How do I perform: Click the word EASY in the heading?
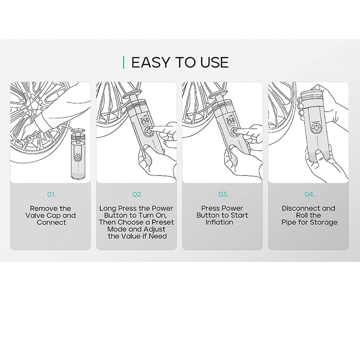(x=150, y=62)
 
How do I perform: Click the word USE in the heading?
(x=215, y=62)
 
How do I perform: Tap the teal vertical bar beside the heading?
(x=124, y=62)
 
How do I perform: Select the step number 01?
(x=51, y=195)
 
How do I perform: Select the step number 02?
(x=137, y=195)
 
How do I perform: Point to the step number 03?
(x=223, y=195)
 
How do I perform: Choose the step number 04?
(x=309, y=195)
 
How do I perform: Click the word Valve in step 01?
(x=35, y=216)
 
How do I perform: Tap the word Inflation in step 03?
(x=219, y=222)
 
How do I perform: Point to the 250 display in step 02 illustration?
(x=144, y=120)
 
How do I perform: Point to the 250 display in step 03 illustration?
(x=230, y=120)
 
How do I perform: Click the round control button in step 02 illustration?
(x=148, y=131)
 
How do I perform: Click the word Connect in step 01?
(x=51, y=222)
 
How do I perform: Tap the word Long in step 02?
(x=108, y=209)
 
